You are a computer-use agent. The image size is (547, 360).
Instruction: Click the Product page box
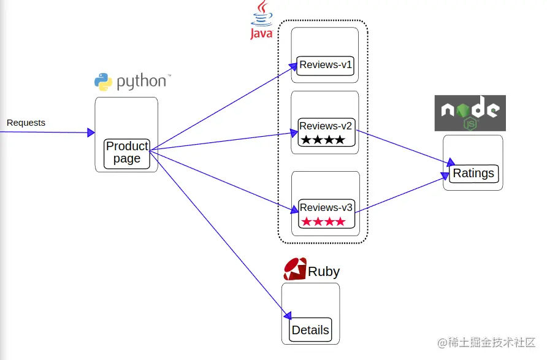pyautogui.click(x=127, y=153)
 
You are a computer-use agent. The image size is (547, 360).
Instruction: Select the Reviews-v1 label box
pyautogui.click(x=326, y=65)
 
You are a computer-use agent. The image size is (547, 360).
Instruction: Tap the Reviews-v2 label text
pyautogui.click(x=326, y=126)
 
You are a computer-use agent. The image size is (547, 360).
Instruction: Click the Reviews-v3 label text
pyautogui.click(x=326, y=207)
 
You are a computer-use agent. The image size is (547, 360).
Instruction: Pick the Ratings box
pyautogui.click(x=473, y=174)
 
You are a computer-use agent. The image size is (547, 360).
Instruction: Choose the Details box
pyautogui.click(x=310, y=330)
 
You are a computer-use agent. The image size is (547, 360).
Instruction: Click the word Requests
pyautogui.click(x=26, y=123)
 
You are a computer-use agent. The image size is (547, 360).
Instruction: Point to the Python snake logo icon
pyautogui.click(x=103, y=82)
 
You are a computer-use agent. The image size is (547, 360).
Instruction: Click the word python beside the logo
pyautogui.click(x=141, y=82)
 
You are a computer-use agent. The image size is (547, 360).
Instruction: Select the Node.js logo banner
pyautogui.click(x=470, y=113)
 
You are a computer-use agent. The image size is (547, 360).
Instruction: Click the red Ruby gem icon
pyautogui.click(x=294, y=269)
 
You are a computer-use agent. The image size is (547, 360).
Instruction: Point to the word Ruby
pyautogui.click(x=324, y=272)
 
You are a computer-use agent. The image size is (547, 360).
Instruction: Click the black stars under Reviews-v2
pyautogui.click(x=323, y=140)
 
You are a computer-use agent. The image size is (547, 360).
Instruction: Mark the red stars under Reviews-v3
pyautogui.click(x=323, y=221)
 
